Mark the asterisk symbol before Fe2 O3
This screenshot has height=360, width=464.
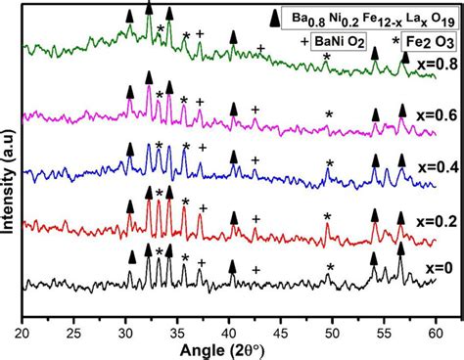[395, 41]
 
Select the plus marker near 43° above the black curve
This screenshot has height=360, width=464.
[257, 270]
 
